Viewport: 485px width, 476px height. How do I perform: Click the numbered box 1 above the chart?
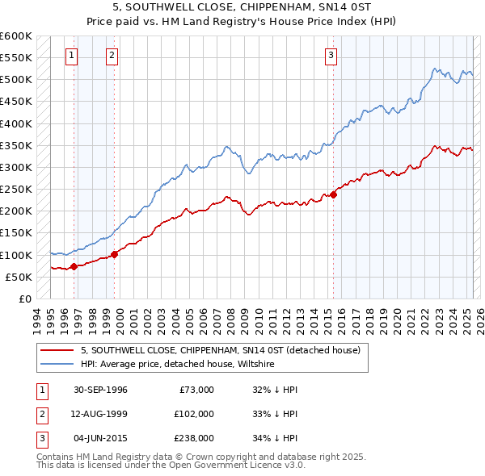coord(72,56)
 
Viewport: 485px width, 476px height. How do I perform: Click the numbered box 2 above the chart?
coord(112,56)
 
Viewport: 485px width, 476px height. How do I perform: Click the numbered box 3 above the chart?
coord(331,56)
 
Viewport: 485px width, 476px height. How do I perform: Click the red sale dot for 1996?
coord(74,265)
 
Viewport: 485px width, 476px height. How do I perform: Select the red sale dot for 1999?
coord(114,253)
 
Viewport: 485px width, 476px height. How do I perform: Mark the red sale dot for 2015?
coord(334,194)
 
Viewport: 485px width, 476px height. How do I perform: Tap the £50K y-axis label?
coord(19,277)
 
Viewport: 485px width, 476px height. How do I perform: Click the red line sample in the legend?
coord(58,350)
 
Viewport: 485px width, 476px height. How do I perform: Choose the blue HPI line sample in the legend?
coord(58,364)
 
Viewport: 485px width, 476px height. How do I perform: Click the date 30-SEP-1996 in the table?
coord(100,390)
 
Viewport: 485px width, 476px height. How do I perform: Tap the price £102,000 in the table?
coord(194,414)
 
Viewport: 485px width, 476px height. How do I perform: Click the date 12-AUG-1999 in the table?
coord(100,414)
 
